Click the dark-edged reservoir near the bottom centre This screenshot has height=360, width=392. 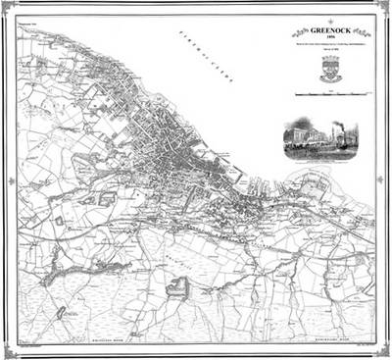pyautogui.click(x=178, y=286)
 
